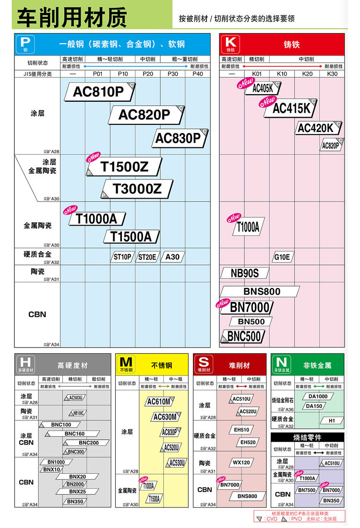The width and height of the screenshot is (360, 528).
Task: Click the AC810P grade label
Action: click(98, 92)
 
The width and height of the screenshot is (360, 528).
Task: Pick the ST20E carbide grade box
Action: click(147, 257)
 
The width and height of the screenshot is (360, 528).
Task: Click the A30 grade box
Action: click(172, 257)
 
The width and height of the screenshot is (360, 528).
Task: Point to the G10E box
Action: click(282, 257)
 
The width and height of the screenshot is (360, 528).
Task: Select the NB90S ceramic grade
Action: click(245, 273)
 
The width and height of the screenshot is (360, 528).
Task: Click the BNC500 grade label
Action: click(243, 336)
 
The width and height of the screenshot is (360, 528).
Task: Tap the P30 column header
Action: click(172, 74)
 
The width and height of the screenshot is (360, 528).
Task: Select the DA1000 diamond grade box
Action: click(318, 396)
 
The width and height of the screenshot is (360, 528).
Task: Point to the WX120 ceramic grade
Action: click(242, 463)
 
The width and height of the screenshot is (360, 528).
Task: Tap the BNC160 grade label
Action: click(74, 434)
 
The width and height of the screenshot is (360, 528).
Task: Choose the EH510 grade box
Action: click(242, 430)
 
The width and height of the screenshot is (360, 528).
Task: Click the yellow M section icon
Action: click(126, 364)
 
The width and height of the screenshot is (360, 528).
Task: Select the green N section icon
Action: click(282, 364)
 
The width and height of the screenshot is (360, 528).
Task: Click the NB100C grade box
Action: click(78, 413)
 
